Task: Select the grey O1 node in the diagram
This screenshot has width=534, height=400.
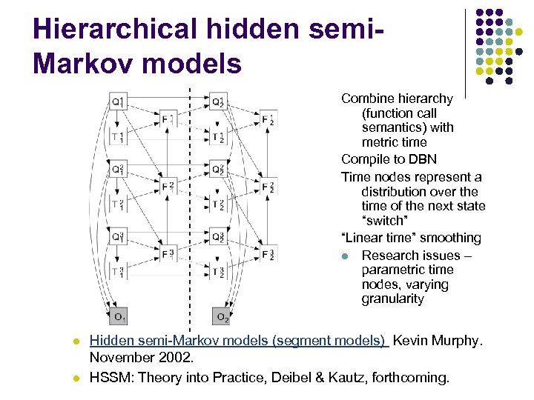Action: (119, 316)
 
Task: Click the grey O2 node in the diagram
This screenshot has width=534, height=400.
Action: (221, 316)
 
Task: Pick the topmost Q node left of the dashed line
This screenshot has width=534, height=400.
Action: (119, 101)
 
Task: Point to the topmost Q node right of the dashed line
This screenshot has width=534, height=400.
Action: (218, 101)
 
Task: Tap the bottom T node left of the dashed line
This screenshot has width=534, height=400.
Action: (117, 272)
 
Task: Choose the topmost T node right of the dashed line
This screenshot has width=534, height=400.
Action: (217, 136)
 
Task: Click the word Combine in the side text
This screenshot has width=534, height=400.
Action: (366, 99)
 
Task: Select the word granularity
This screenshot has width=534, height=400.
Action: (393, 299)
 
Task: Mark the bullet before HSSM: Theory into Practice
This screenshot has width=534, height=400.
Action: (76, 378)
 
